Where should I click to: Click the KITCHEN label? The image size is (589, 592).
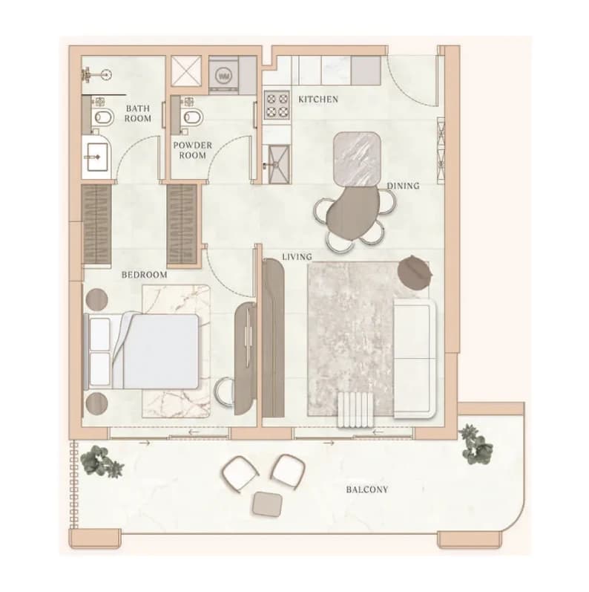point(318,100)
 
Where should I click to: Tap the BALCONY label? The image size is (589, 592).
point(367,489)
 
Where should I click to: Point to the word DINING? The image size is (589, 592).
point(403,186)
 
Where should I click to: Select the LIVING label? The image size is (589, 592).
point(297,257)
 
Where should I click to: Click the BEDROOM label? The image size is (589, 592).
point(145,275)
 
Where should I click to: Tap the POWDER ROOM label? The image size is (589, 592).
point(193,150)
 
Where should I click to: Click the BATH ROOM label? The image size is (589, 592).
point(138,113)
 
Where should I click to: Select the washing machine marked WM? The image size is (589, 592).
point(223,76)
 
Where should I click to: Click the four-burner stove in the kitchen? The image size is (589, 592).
point(277,105)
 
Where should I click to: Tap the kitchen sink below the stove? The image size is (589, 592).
point(277,164)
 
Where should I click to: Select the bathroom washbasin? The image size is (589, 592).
point(97,157)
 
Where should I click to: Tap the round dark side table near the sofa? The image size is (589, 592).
point(415,273)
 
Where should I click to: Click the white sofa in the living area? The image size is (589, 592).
point(415,359)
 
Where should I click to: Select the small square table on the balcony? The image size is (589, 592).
point(268,504)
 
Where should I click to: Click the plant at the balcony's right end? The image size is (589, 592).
point(476,444)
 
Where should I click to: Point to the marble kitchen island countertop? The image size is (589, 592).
point(357,159)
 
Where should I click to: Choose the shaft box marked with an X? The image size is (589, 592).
point(186,71)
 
